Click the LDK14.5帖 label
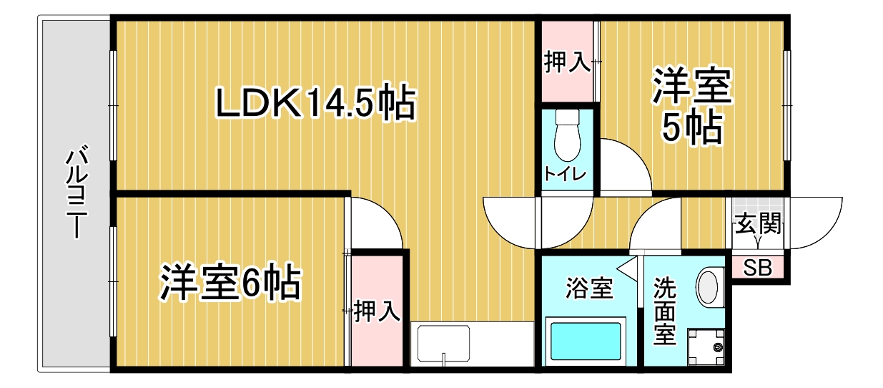click(x=315, y=104)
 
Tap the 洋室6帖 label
click(x=230, y=283)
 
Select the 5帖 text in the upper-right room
click(x=691, y=128)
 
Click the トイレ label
click(x=566, y=174)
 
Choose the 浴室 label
click(x=589, y=289)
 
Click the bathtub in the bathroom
click(x=585, y=342)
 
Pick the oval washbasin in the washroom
click(x=707, y=287)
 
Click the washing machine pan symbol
click(x=707, y=348)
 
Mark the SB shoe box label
click(x=758, y=268)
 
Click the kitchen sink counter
click(x=472, y=344)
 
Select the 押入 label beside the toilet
click(x=568, y=63)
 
